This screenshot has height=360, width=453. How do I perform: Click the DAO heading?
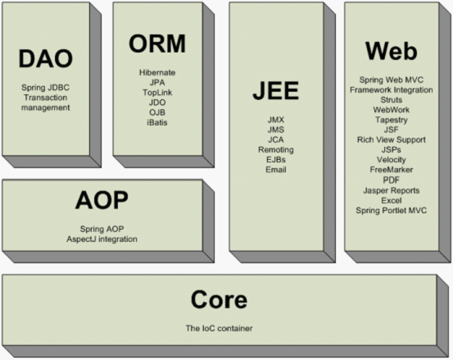tap(46, 59)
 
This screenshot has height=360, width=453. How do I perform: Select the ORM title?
tap(157, 43)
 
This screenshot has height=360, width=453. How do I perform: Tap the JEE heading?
tap(276, 90)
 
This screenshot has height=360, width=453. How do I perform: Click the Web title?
tap(392, 51)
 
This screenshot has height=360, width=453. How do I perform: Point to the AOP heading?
tap(102, 200)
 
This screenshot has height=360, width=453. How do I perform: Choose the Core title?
tap(219, 300)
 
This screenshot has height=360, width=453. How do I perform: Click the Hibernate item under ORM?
tap(157, 72)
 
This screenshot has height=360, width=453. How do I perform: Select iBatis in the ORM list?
tap(157, 122)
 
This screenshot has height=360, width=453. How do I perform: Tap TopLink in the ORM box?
tap(157, 93)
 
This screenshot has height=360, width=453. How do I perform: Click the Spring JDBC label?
tap(45, 87)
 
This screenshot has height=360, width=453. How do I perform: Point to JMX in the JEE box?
tap(276, 120)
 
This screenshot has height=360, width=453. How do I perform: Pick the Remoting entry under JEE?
tap(276, 150)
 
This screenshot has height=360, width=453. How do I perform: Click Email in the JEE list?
tap(276, 170)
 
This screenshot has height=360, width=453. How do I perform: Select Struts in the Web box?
tap(392, 100)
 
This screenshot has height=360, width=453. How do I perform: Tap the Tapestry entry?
tap(392, 120)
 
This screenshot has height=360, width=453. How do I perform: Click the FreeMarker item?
tap(392, 170)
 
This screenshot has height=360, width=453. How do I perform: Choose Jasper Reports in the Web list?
tap(392, 190)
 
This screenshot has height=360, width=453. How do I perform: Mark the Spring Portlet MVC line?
tap(392, 210)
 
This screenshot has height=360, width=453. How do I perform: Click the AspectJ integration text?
tap(102, 239)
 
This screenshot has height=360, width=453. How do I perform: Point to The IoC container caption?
tap(219, 328)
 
